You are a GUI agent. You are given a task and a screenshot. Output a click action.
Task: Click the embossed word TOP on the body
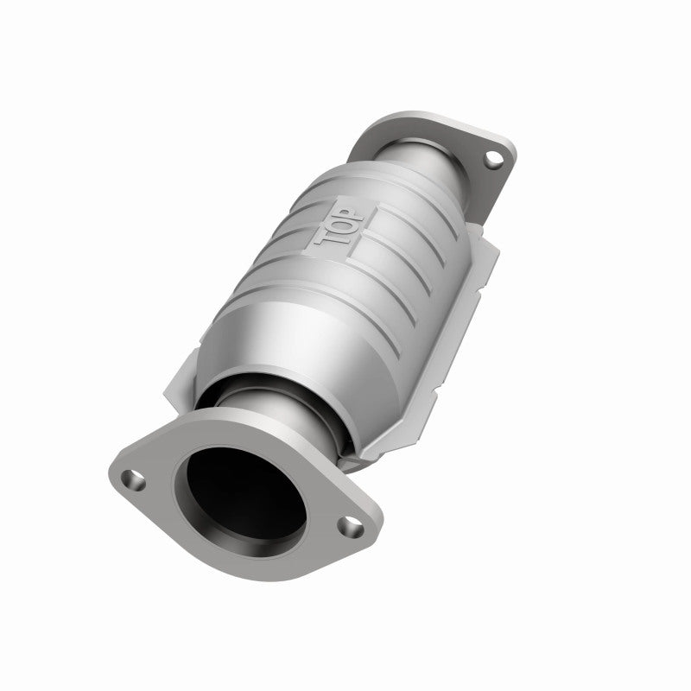pyautogui.click(x=337, y=226)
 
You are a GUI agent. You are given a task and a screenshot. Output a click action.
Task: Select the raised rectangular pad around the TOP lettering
pyautogui.click(x=339, y=226)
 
